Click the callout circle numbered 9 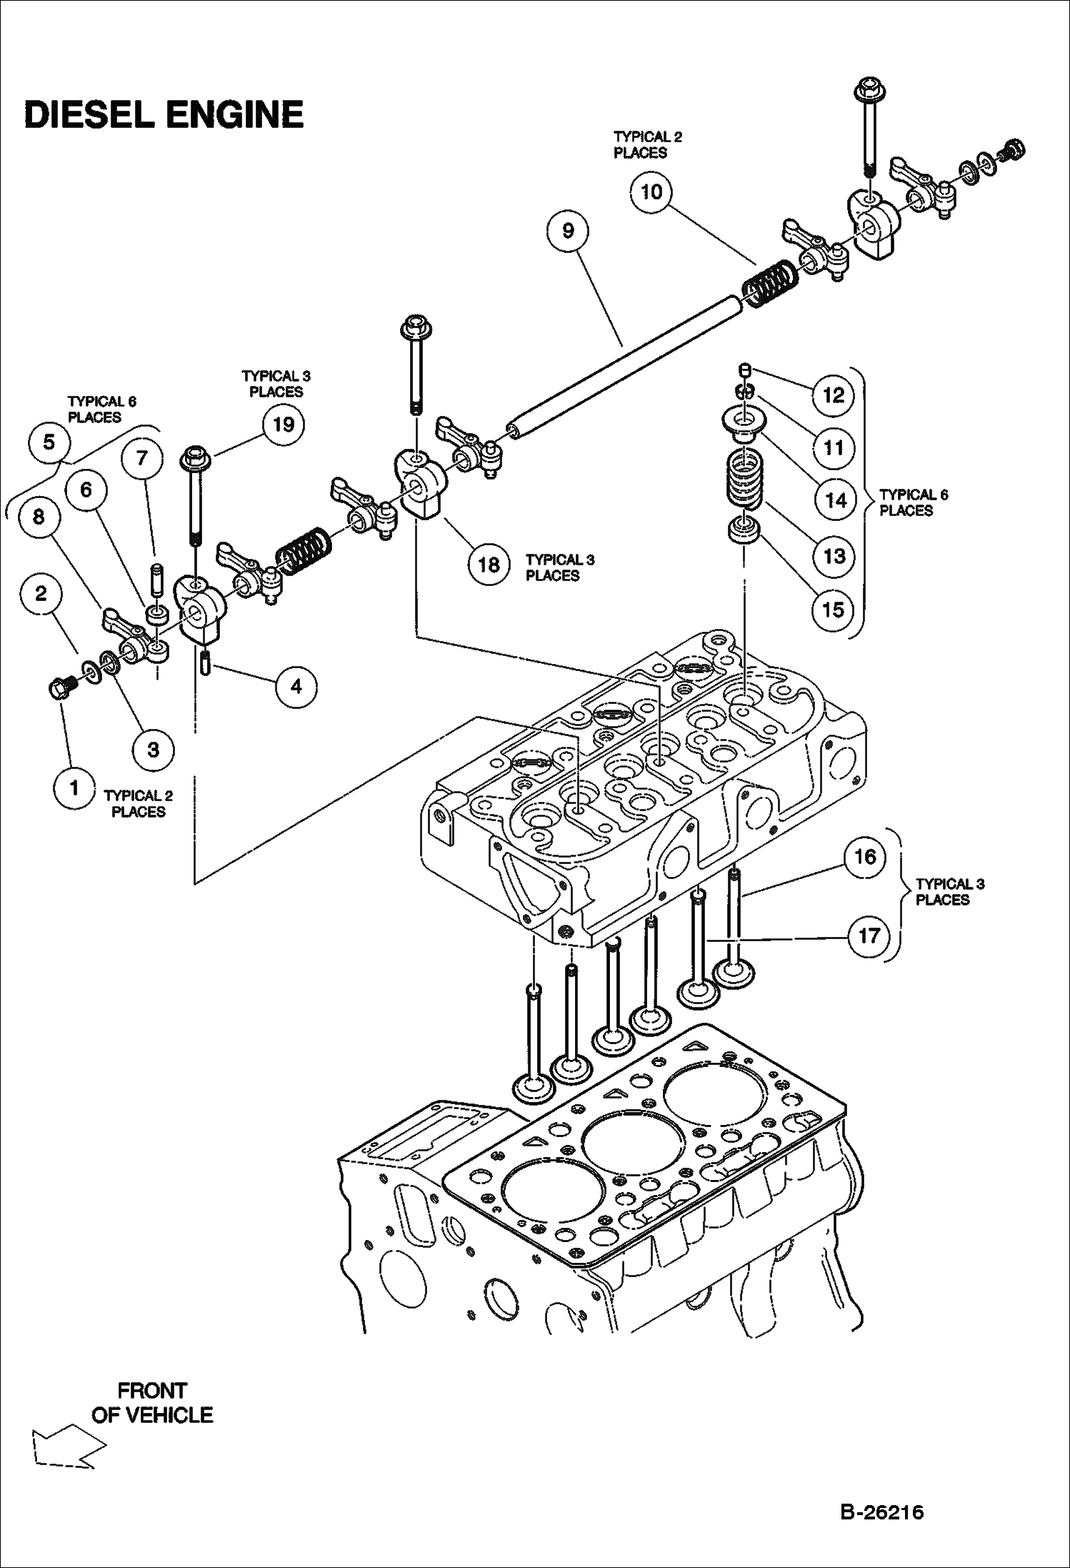click(x=568, y=230)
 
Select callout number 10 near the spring click(x=651, y=192)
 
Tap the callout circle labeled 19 click(x=284, y=425)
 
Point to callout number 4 click(x=296, y=686)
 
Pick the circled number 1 click(x=74, y=788)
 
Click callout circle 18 click(x=489, y=565)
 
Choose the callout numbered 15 click(x=834, y=610)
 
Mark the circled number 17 click(x=869, y=936)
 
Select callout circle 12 click(x=834, y=395)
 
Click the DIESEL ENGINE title click(x=164, y=114)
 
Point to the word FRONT click(x=152, y=1391)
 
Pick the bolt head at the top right click(x=866, y=91)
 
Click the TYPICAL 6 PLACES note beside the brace click(x=913, y=502)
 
